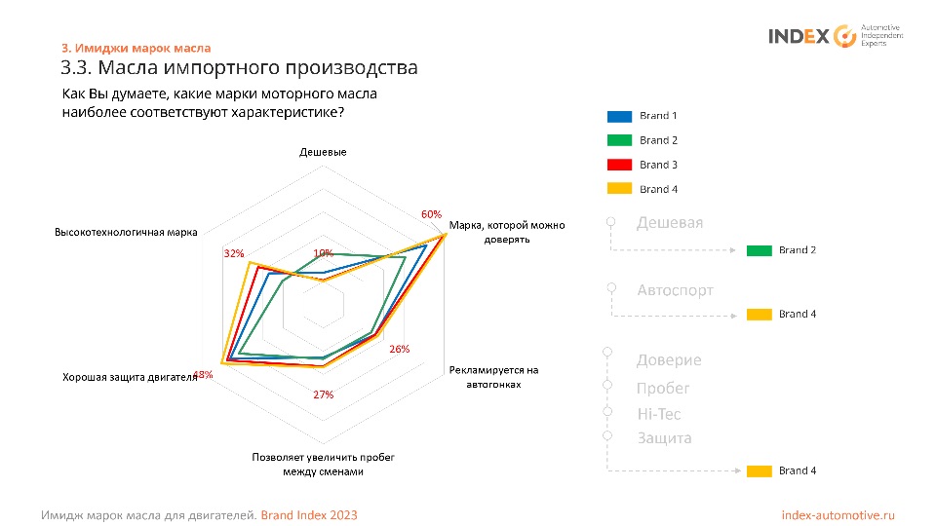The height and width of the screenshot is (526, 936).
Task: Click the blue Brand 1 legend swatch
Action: tap(619, 116)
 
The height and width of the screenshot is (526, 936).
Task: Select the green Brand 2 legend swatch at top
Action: tap(619, 140)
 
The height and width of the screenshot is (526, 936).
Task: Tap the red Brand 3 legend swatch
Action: tap(619, 165)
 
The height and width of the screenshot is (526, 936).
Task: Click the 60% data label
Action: tap(431, 214)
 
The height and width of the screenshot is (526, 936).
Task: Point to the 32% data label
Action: tap(234, 253)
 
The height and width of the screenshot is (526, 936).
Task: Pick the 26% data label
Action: tap(400, 349)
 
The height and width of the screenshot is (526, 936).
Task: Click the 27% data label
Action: tap(324, 394)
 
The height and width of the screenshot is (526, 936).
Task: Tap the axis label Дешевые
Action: tap(323, 152)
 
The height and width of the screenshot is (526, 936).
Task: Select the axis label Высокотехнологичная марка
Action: tap(126, 233)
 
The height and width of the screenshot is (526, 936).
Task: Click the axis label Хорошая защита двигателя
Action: tap(130, 377)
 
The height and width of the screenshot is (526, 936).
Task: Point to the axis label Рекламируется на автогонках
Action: tap(493, 377)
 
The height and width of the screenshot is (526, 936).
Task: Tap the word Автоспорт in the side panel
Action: tap(675, 290)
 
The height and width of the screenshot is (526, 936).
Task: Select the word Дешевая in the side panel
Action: tap(669, 223)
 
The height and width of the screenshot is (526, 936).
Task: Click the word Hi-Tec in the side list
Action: tap(658, 414)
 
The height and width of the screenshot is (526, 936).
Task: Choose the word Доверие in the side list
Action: tap(669, 360)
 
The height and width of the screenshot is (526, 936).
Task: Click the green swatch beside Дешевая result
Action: tap(760, 250)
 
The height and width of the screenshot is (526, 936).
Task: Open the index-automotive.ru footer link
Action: tap(838, 514)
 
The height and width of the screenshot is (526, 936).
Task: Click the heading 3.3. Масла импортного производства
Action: tap(239, 68)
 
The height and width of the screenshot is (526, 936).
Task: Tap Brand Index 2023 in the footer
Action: tap(309, 514)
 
